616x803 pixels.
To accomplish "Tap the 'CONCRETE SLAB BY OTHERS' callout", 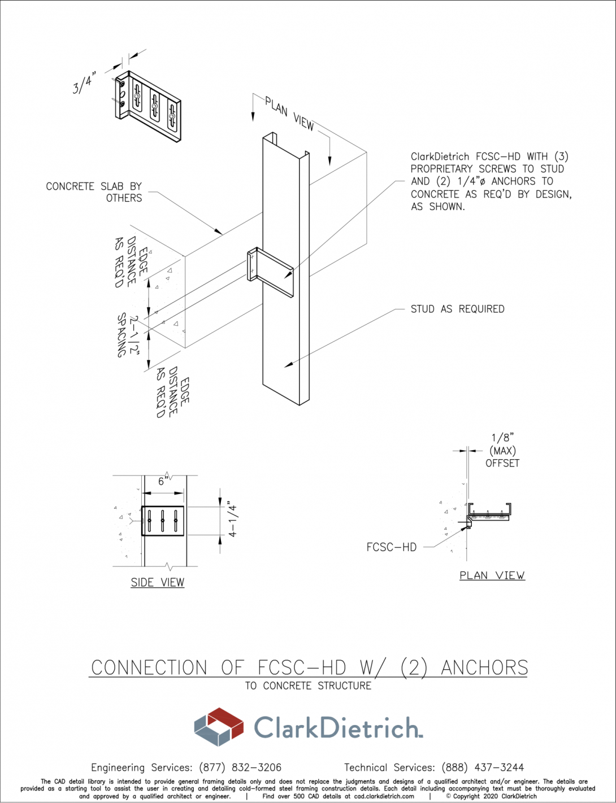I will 94,192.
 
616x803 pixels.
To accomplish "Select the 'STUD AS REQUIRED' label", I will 457,309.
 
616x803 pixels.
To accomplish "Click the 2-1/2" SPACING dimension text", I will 127,335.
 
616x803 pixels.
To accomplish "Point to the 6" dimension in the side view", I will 163,481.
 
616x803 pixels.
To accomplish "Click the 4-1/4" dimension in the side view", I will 232,518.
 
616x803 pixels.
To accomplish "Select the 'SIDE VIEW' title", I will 157,582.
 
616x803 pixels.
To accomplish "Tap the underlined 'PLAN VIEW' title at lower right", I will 492,575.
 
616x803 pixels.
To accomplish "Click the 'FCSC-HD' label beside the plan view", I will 391,547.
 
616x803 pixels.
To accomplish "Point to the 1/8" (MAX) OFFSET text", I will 502,451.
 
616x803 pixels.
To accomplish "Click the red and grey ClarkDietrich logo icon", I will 218,727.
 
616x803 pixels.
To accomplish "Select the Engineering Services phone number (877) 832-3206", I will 240,767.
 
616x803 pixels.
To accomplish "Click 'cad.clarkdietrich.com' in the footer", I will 384,796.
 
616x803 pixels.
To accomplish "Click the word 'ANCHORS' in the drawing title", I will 484,667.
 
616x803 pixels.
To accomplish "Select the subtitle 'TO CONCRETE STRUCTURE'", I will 308,686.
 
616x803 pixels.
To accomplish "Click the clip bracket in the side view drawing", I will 163,521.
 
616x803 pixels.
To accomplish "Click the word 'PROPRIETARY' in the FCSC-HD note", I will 441,169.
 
